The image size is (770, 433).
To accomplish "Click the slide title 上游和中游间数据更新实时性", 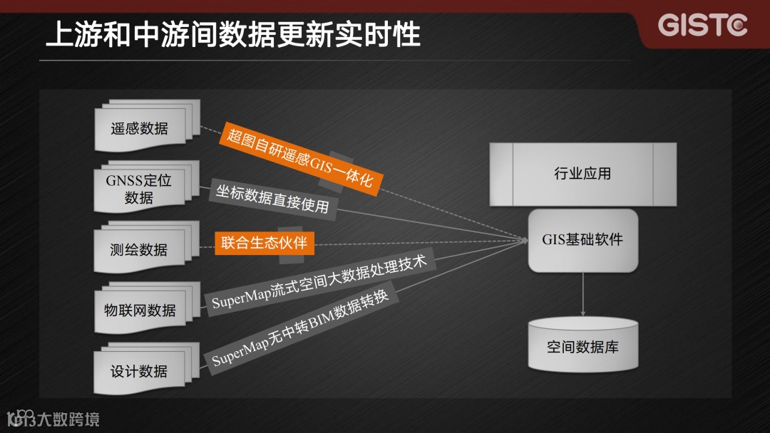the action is click(x=232, y=34).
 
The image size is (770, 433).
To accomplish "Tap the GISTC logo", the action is click(x=702, y=26).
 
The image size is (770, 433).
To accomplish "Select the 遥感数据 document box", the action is click(x=140, y=129).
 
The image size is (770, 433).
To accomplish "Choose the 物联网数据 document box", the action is click(x=140, y=311).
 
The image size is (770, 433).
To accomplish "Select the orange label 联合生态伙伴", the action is click(x=264, y=243).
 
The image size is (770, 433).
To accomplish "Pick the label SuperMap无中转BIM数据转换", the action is click(x=300, y=328).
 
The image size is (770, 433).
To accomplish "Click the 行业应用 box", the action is click(x=582, y=174).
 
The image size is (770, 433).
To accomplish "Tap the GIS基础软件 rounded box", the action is click(x=582, y=240).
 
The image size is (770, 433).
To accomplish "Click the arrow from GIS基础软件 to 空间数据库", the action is click(x=583, y=293).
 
